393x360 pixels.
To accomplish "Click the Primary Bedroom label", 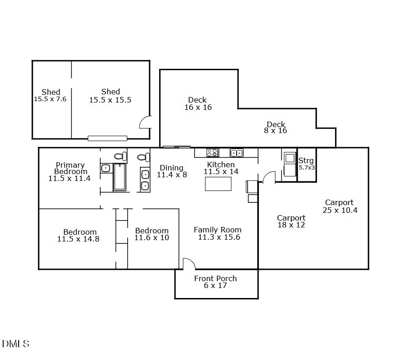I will click(x=70, y=168).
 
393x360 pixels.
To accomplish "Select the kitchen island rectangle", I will click(x=218, y=184).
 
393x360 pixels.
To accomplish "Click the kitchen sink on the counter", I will click(x=236, y=153).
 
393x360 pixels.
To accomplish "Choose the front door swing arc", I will click(x=188, y=263).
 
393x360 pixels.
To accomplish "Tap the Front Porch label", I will click(x=216, y=278).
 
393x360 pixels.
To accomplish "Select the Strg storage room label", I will click(x=306, y=161).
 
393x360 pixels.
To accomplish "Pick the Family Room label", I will click(x=217, y=230).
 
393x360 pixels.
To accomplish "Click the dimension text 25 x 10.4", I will click(x=339, y=210).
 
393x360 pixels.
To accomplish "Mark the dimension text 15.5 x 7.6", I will click(x=50, y=98).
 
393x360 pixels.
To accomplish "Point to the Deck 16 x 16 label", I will click(x=197, y=103).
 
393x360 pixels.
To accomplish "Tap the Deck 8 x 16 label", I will click(x=276, y=127).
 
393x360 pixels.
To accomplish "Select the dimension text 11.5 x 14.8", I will click(x=78, y=239).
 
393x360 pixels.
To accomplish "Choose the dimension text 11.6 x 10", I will click(x=152, y=237).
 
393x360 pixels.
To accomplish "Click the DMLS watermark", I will click(x=16, y=344).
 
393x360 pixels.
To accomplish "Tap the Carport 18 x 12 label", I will click(x=291, y=221).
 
